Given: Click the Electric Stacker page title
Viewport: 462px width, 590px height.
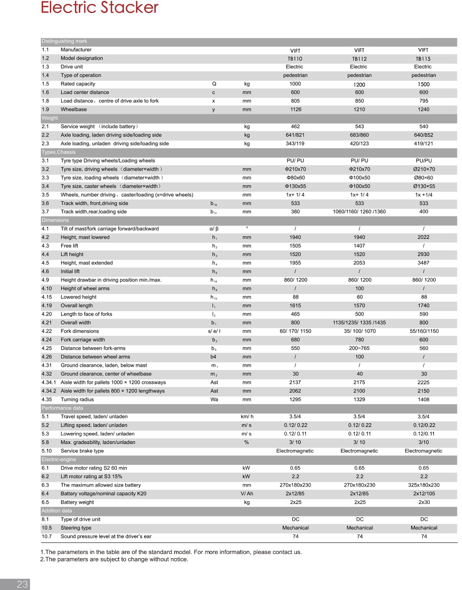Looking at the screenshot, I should pyautogui.click(x=99, y=7).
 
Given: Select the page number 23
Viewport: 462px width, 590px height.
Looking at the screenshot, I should pyautogui.click(x=22, y=584).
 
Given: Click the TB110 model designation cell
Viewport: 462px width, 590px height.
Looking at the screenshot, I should pyautogui.click(x=295, y=59).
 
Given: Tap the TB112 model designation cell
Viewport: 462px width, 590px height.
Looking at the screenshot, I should pyautogui.click(x=359, y=59).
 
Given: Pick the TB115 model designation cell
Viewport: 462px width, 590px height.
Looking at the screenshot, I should pyautogui.click(x=423, y=59).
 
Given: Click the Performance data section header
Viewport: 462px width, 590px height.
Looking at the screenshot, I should pyautogui.click(x=62, y=408).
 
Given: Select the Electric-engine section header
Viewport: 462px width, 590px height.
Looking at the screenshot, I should pyautogui.click(x=59, y=459).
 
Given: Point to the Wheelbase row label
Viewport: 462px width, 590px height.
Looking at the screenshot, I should pyautogui.click(x=73, y=109).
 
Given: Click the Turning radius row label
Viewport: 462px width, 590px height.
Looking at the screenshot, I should pyautogui.click(x=77, y=400).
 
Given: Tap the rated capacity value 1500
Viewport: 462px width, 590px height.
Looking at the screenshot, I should pyautogui.click(x=424, y=85).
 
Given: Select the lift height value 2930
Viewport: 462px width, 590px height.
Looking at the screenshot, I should pyautogui.click(x=424, y=255).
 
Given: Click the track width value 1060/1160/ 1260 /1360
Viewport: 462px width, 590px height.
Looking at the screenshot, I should pyautogui.click(x=359, y=212).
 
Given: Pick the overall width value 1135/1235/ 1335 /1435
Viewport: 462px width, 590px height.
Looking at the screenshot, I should pyautogui.click(x=359, y=323).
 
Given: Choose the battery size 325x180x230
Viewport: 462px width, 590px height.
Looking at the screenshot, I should pyautogui.click(x=424, y=485).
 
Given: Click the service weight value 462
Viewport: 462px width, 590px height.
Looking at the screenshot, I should pyautogui.click(x=295, y=127).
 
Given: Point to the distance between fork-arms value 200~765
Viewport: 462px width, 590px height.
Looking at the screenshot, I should pyautogui.click(x=359, y=348).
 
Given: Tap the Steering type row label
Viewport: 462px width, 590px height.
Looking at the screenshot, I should pyautogui.click(x=76, y=528).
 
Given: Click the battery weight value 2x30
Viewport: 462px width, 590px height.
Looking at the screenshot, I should pyautogui.click(x=424, y=502).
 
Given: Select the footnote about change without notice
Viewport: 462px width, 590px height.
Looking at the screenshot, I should pyautogui.click(x=114, y=560).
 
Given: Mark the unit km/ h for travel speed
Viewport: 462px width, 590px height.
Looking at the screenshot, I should pyautogui.click(x=247, y=417).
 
